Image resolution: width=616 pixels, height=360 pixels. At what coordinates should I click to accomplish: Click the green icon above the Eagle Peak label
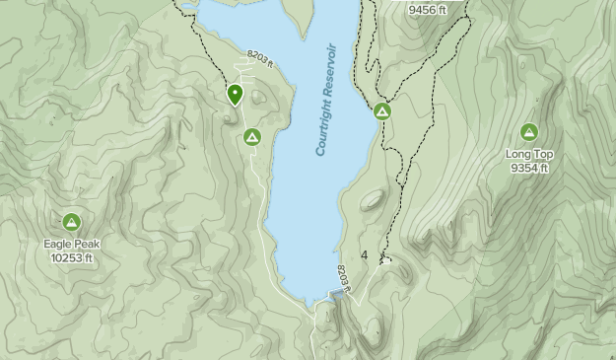(71, 222)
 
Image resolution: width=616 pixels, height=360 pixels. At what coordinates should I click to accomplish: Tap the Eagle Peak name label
(71, 245)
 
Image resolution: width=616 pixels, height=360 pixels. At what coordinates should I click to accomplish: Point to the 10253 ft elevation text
(71, 258)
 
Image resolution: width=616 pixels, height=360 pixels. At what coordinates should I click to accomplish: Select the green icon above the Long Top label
(529, 132)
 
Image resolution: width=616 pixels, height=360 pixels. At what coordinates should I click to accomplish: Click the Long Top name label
(529, 155)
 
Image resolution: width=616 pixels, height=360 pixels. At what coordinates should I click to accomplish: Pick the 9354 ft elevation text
(529, 169)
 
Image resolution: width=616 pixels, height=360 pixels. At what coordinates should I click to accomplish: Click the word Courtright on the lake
(322, 127)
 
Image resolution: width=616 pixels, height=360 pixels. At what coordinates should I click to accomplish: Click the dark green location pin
(235, 95)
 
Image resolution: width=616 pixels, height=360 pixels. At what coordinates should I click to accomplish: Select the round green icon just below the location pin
(251, 137)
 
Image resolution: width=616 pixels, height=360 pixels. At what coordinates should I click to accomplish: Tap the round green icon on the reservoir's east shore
(381, 112)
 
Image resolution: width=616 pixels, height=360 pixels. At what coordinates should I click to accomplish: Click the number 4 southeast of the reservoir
(365, 256)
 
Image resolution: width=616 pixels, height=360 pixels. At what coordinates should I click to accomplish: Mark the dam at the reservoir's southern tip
(337, 295)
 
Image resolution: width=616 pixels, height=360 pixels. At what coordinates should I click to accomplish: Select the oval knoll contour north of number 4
(372, 201)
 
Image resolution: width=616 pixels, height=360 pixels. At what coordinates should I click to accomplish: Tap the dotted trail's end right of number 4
(384, 261)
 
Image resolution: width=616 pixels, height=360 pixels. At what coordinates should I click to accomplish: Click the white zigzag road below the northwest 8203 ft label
(237, 71)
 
